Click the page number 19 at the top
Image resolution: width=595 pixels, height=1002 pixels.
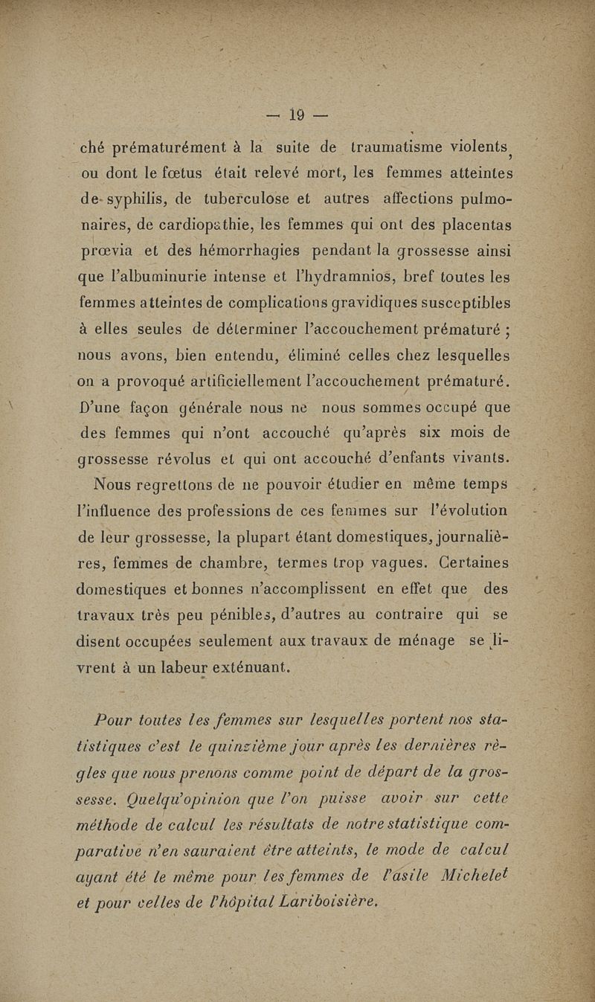tap(297, 115)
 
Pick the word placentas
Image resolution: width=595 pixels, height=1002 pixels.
tap(468, 226)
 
